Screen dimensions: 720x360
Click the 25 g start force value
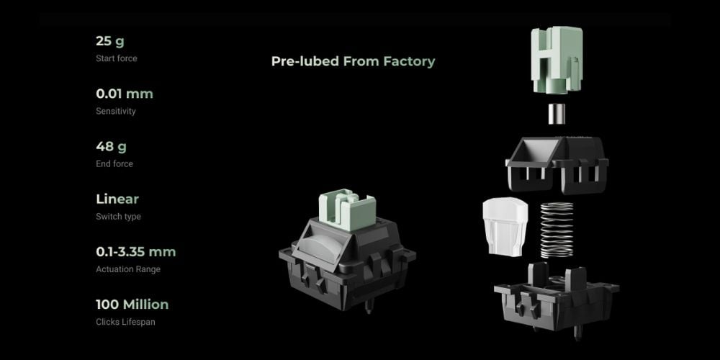(x=109, y=41)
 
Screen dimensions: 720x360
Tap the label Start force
(x=116, y=58)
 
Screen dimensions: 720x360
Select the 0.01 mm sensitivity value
(x=125, y=94)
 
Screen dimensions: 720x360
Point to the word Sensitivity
(x=116, y=111)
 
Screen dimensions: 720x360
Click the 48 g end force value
(x=111, y=146)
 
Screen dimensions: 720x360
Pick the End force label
(x=114, y=164)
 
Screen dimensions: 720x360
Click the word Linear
(x=117, y=199)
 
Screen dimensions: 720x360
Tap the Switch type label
(x=119, y=217)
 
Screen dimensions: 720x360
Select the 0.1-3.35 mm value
(x=136, y=251)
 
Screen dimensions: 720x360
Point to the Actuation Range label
(x=128, y=269)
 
